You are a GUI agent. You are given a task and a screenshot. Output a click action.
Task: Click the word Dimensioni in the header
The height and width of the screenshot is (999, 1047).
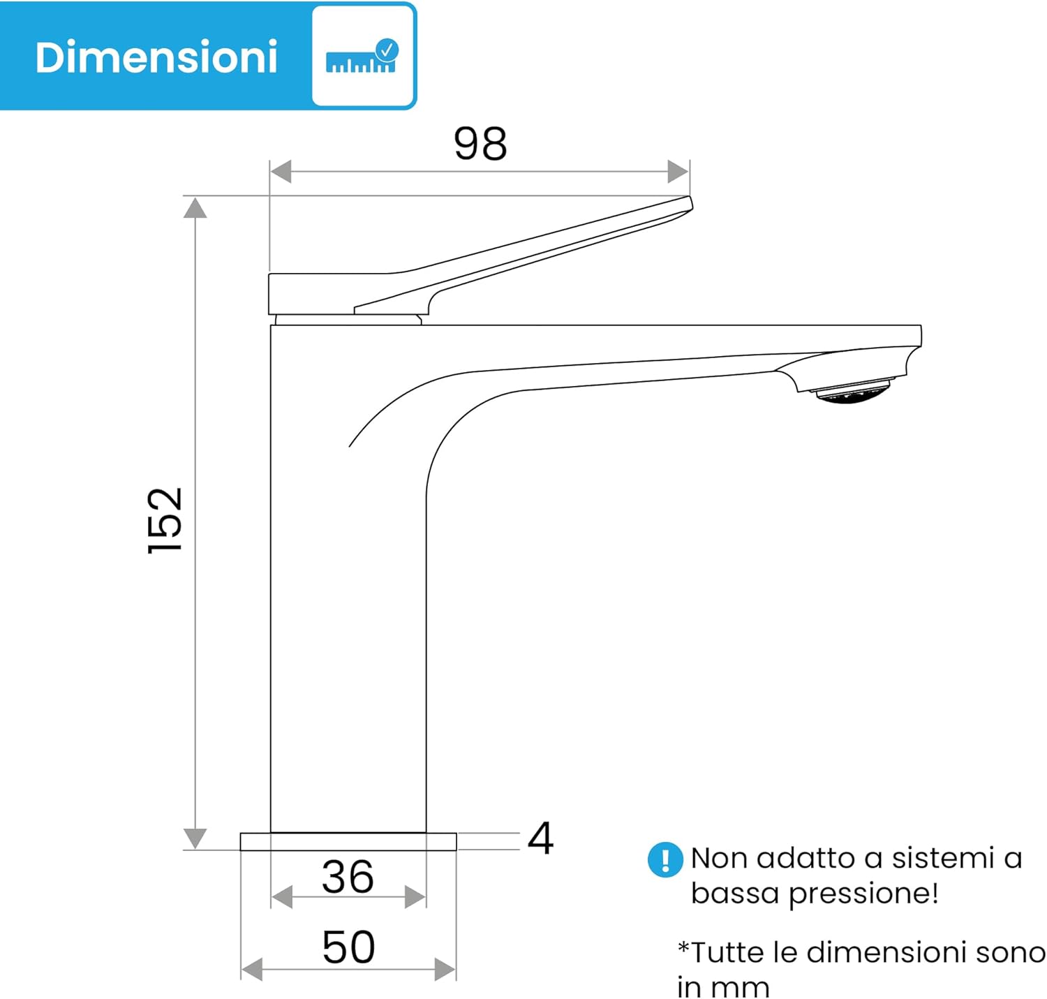pos(156,57)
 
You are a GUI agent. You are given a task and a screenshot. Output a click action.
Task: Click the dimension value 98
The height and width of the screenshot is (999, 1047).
pos(480,143)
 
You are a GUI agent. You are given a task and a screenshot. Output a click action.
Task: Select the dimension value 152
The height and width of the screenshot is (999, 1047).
pos(165,521)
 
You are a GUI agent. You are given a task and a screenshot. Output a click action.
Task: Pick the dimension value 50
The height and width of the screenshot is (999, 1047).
pos(349,947)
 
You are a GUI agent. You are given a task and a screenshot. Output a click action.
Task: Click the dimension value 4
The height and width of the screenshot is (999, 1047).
pos(540,838)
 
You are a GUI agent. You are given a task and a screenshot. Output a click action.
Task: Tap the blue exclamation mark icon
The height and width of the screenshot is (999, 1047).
pos(665,859)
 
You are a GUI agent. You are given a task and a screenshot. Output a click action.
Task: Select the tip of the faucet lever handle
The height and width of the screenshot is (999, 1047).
pos(690,202)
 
